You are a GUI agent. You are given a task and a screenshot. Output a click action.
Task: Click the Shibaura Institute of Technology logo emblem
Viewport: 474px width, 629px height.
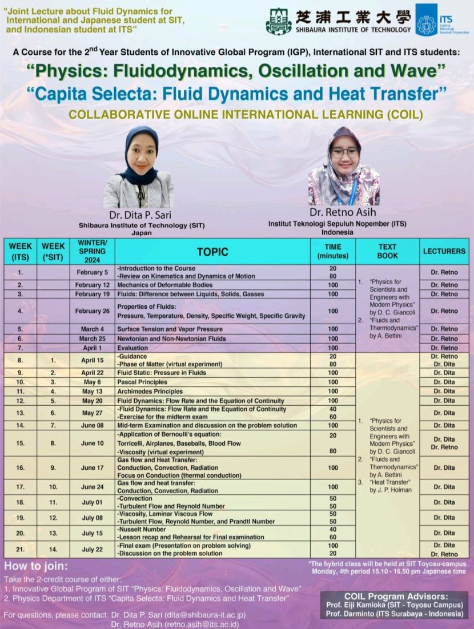[x=279, y=21]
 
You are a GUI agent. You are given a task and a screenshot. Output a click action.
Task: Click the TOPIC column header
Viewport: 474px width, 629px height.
[x=212, y=251]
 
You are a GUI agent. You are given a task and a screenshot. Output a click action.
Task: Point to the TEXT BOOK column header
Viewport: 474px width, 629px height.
[x=387, y=251]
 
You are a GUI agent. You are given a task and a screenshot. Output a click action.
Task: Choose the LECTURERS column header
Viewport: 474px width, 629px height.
[x=444, y=251]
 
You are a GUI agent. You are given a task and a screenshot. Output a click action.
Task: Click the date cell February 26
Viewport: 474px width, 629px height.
[x=93, y=311]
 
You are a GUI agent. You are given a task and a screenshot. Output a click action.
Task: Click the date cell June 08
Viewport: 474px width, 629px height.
[x=93, y=425]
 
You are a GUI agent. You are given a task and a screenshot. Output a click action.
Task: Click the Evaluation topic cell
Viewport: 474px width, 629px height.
[x=132, y=348]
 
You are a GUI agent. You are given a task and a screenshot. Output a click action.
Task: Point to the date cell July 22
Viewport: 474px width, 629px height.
[x=93, y=550]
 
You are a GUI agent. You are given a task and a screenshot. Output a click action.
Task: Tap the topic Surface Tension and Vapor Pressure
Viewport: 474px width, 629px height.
[x=170, y=329]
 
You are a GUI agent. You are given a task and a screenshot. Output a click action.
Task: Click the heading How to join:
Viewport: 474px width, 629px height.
[x=36, y=567]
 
